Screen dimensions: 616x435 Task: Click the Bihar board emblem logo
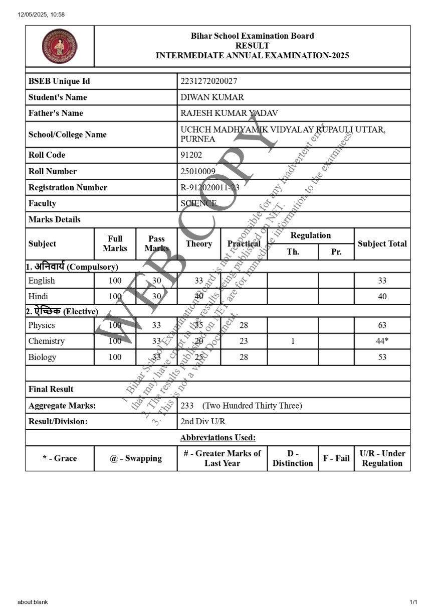tap(60, 46)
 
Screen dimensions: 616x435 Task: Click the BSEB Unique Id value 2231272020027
tap(209, 81)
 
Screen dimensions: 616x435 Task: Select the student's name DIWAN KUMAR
tap(212, 97)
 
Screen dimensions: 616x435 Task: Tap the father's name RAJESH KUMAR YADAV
tap(229, 113)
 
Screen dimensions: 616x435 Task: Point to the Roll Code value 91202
tap(191, 155)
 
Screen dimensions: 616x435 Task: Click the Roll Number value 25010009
tap(198, 171)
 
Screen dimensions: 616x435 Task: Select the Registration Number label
tap(68, 187)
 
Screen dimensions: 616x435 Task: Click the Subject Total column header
tap(382, 244)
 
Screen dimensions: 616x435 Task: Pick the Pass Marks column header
tap(156, 243)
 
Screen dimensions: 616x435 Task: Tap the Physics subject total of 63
tap(382, 325)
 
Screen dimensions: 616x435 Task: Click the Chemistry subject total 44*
tap(382, 341)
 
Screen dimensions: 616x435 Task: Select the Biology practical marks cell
tap(244, 357)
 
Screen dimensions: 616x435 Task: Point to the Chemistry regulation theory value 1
tap(293, 341)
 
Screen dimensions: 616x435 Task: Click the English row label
tap(42, 281)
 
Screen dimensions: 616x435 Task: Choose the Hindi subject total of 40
tap(382, 297)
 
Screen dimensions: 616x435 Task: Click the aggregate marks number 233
tap(187, 406)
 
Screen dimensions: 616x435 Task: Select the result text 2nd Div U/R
tap(203, 422)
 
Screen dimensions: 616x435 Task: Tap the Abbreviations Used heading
tap(217, 438)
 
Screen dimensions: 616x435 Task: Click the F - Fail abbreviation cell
tap(336, 458)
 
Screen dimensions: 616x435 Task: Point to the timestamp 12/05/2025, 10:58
tap(41, 15)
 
